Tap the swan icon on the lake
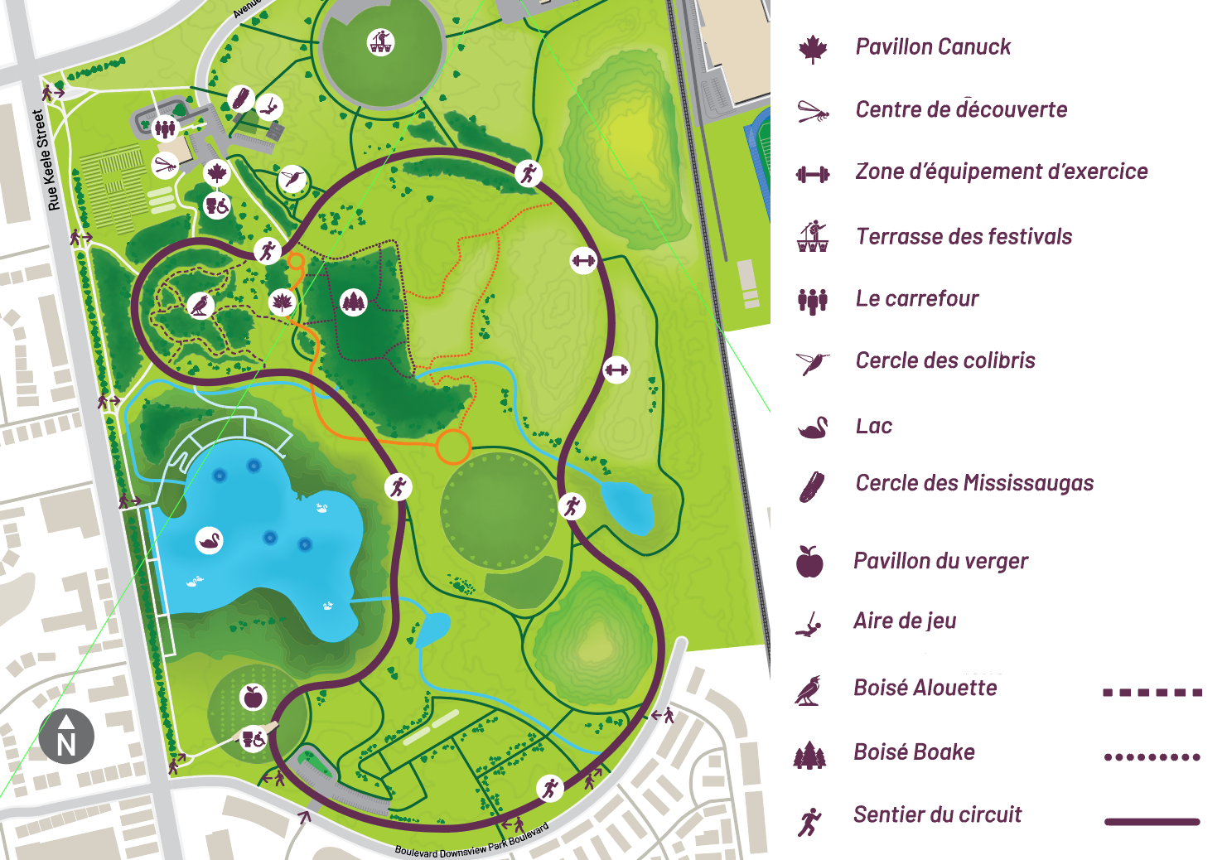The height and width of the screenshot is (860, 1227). point(210,542)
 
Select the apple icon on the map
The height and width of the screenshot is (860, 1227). point(254,697)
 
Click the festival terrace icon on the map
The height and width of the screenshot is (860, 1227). point(381,41)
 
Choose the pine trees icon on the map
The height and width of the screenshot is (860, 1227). point(354,302)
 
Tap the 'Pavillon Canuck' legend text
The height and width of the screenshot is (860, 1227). point(933,47)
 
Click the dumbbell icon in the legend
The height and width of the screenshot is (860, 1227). point(813,174)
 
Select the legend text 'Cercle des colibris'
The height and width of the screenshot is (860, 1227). point(945,360)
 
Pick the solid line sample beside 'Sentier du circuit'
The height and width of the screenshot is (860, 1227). point(1152,821)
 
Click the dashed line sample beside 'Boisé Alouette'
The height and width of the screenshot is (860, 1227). point(1152,692)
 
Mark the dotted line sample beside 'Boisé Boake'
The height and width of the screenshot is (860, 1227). point(1152,756)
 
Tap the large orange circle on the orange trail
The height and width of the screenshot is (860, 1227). point(452,446)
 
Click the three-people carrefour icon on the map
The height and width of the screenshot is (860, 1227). point(166,128)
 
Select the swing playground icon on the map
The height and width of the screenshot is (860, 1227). point(269,107)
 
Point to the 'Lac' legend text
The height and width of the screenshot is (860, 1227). point(874,426)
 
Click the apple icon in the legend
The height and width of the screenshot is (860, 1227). point(809,562)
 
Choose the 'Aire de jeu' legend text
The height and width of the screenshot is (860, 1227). point(905,621)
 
